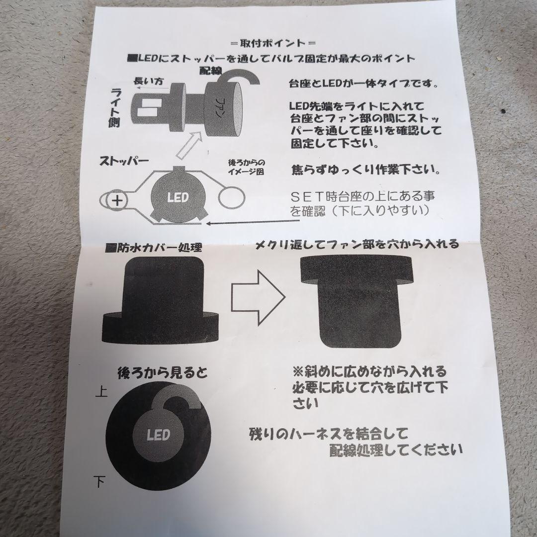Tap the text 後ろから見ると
pyautogui.click(x=162, y=373)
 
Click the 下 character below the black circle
pyautogui.click(x=99, y=480)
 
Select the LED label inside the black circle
pyautogui.click(x=159, y=435)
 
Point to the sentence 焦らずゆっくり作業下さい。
pyautogui.click(x=365, y=170)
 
